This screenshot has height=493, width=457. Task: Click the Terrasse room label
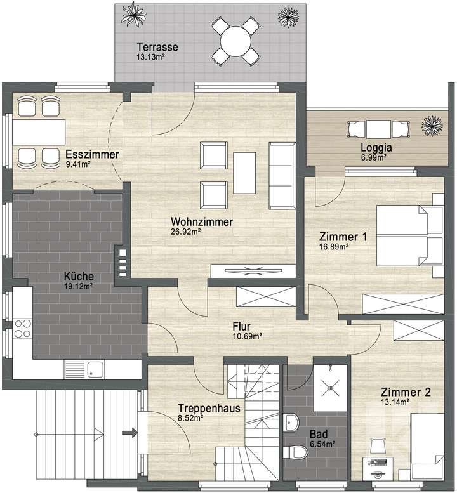tap(157, 47)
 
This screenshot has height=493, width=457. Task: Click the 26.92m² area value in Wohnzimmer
tap(186, 232)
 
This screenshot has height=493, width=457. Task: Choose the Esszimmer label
tap(92, 155)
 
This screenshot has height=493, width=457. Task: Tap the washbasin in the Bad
tap(292, 422)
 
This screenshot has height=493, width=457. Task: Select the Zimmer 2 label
tap(406, 392)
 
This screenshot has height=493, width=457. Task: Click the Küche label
tap(79, 277)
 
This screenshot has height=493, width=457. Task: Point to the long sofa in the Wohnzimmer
tap(282, 175)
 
